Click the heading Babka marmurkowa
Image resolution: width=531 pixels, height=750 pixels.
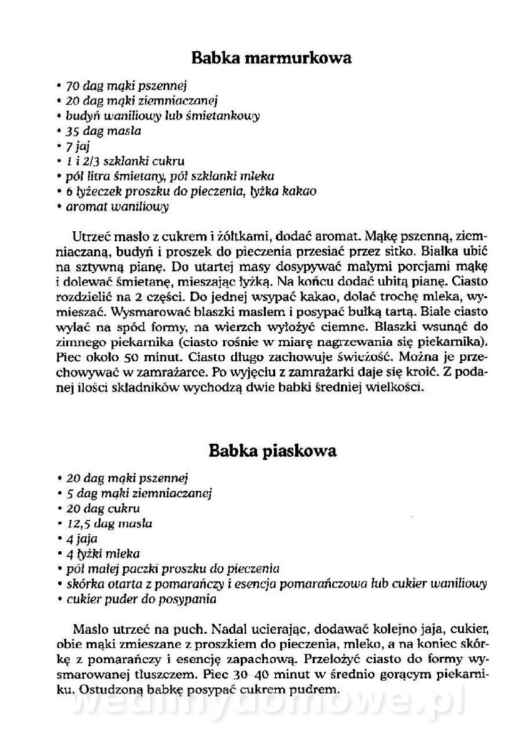pos(271,59)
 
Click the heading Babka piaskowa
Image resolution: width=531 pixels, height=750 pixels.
pos(272,451)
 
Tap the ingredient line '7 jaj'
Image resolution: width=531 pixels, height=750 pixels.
pos(78,146)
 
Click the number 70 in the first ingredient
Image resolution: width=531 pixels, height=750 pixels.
pos(73,86)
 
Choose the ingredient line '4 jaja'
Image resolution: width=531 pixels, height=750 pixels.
pos(80,539)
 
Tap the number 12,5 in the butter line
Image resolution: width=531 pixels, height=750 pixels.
pos(79,524)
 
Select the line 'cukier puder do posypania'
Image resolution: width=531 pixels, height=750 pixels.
pos(141,599)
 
